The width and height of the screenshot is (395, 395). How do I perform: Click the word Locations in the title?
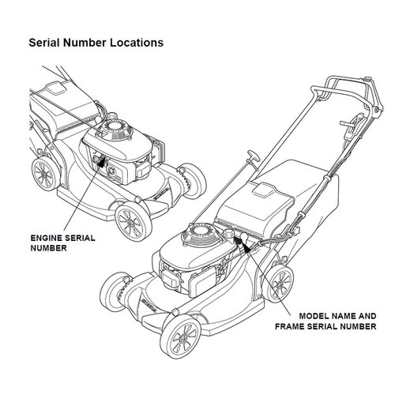point(136,41)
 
